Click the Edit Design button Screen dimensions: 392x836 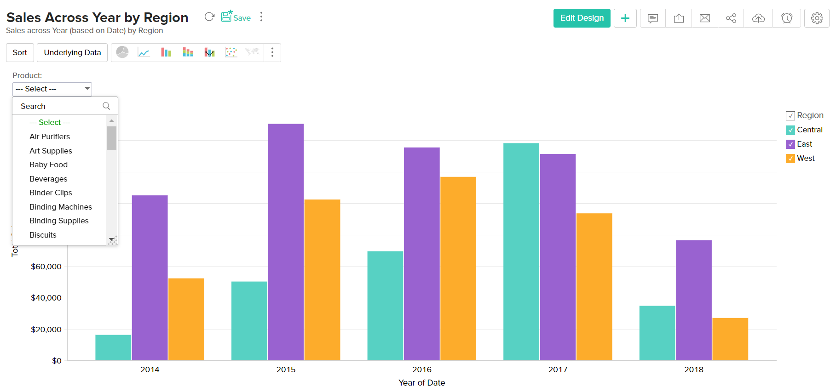tap(582, 18)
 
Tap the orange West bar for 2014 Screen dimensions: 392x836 tap(186, 319)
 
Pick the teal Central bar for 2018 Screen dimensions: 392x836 tap(657, 333)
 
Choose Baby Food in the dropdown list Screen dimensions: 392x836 tap(48, 165)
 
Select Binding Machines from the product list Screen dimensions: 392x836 tap(61, 207)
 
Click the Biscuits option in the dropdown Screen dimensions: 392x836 tap(43, 235)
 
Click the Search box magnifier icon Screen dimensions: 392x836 tap(106, 106)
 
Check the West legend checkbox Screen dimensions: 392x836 tap(790, 159)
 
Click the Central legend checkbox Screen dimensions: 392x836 tap(790, 130)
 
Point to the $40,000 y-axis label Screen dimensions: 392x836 tap(46, 298)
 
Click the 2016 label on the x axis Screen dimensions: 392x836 tap(421, 369)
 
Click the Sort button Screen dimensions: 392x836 tap(20, 52)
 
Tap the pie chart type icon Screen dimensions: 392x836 tap(122, 52)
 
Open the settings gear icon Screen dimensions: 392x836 tap(817, 18)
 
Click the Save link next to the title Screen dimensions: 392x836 tap(236, 17)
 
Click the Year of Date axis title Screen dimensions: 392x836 tap(421, 383)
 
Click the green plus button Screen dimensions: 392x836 tap(625, 18)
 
